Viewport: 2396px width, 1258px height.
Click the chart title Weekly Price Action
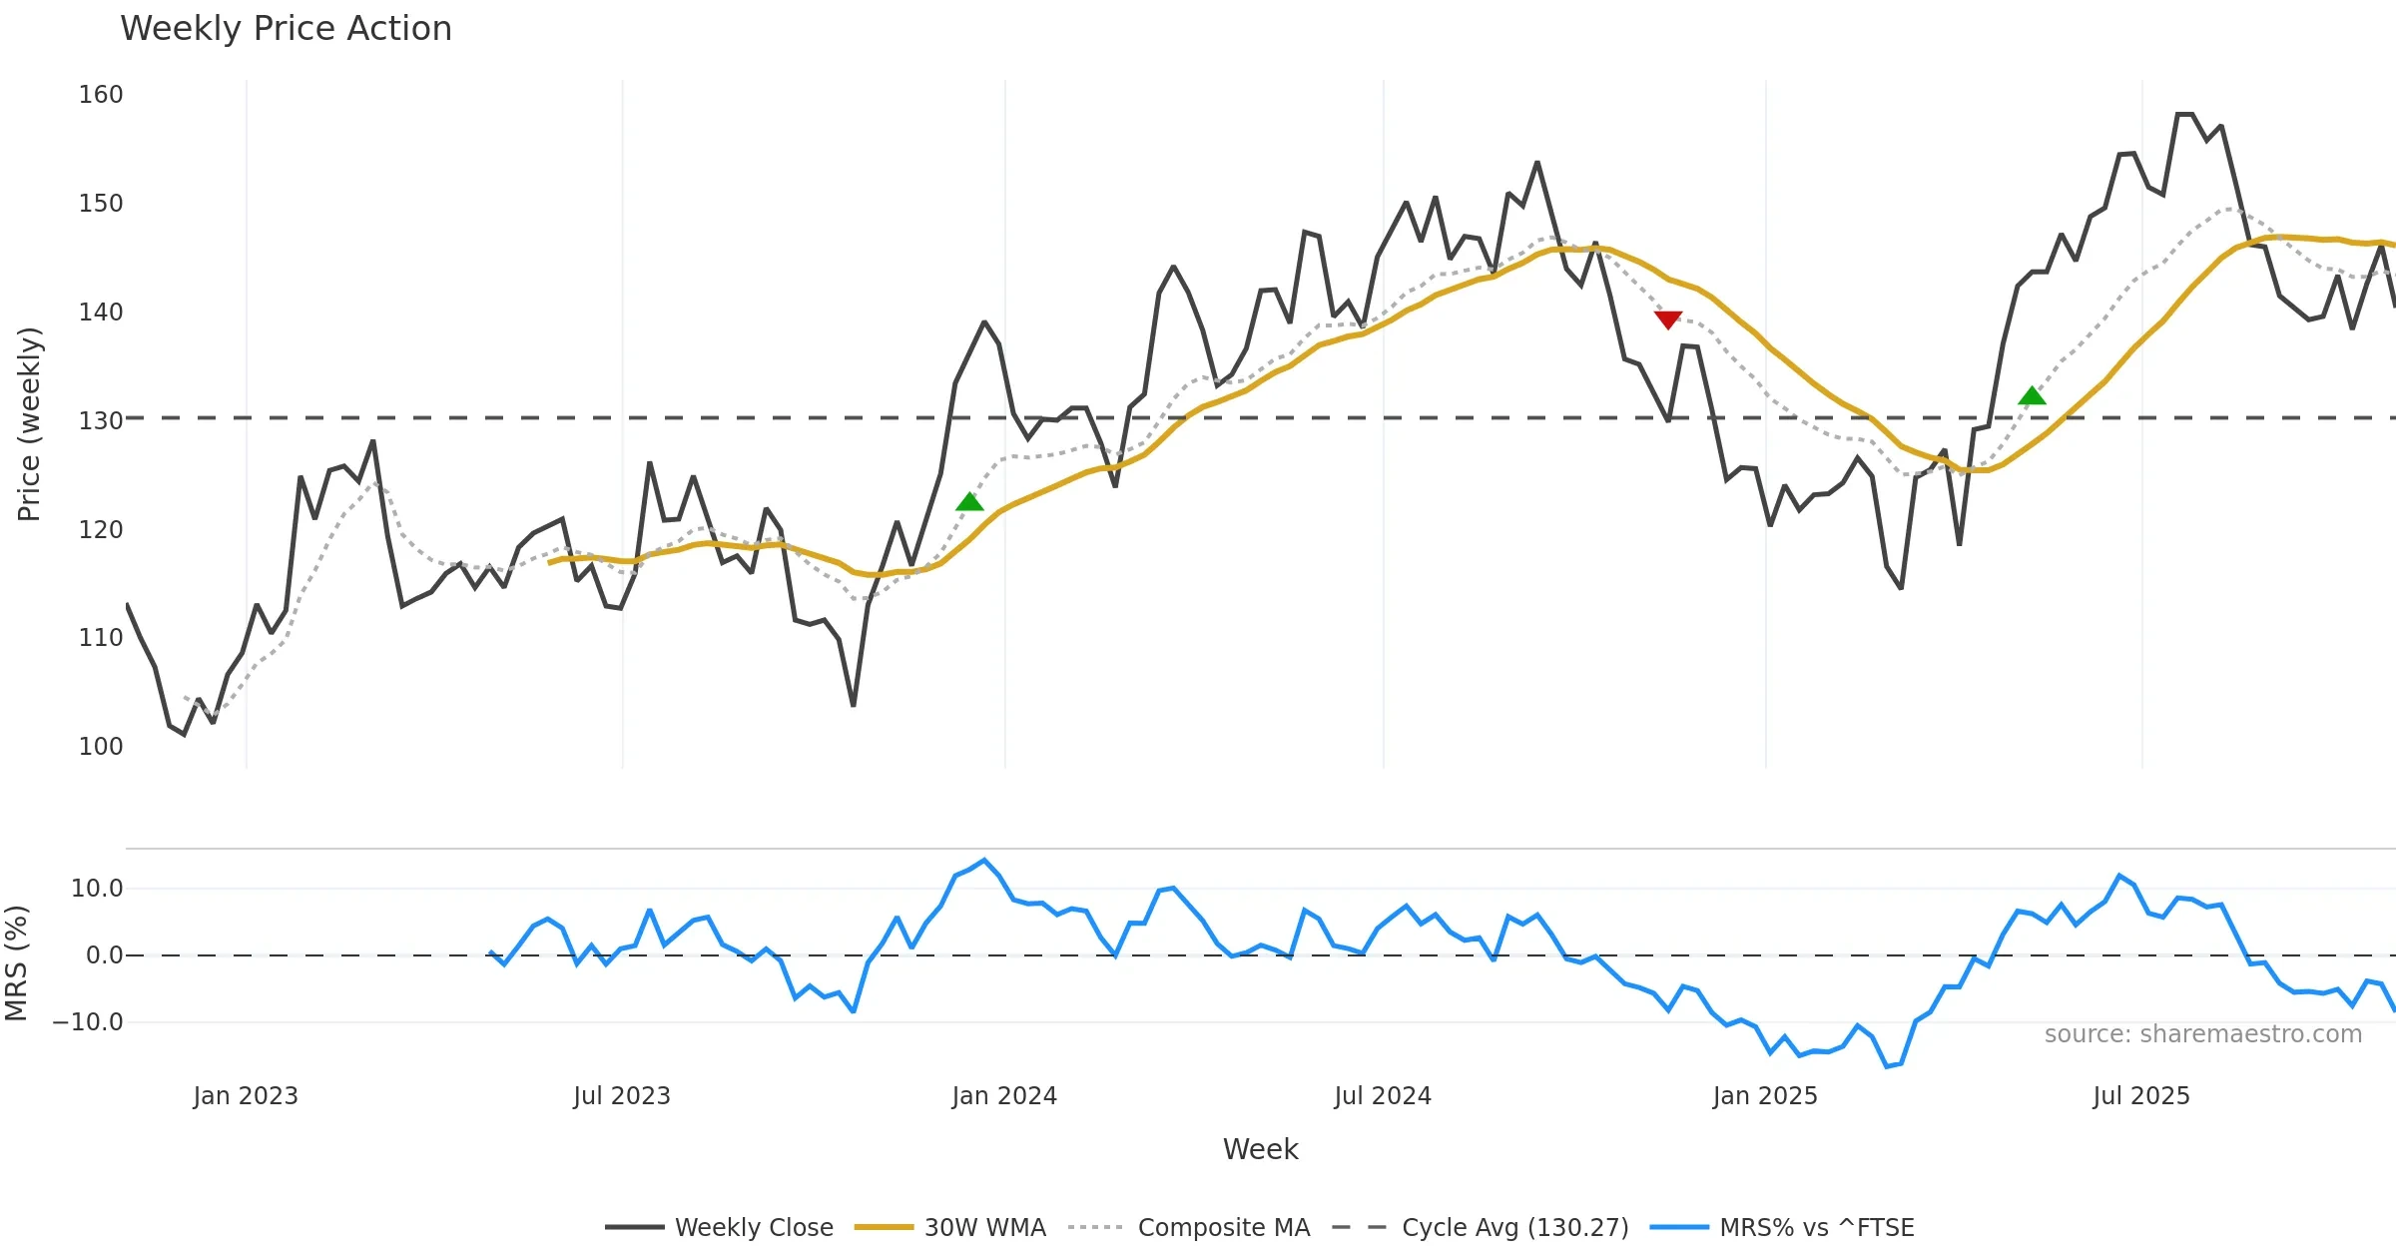pos(286,29)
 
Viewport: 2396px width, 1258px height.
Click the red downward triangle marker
pos(1668,319)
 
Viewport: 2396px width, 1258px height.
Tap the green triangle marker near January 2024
pos(969,501)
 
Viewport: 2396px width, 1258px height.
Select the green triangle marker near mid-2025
pos(2032,396)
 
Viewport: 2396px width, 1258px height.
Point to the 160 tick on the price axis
pos(101,95)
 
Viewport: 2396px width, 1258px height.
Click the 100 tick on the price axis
pos(101,747)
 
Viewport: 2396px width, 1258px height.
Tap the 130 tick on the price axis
pos(101,420)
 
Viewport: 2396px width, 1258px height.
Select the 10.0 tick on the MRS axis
pos(97,889)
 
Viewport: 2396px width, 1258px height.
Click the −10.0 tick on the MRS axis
pos(88,1022)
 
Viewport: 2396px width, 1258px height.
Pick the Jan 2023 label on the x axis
pos(246,1096)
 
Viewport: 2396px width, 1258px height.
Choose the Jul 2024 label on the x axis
pos(1383,1096)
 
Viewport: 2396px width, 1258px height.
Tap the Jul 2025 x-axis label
pos(2141,1096)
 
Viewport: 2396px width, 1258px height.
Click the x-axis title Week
pos(1260,1149)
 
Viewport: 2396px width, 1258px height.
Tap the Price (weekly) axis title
pos(29,423)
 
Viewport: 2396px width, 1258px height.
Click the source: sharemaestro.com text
pos(2202,1034)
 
